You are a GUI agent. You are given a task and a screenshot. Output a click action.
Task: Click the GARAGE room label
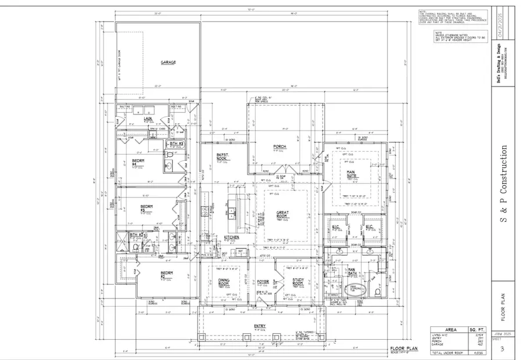click(169, 62)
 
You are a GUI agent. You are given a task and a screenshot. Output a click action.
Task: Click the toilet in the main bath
click(378, 291)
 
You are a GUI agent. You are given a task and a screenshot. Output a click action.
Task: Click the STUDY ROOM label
click(298, 282)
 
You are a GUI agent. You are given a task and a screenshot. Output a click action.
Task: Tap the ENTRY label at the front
click(259, 326)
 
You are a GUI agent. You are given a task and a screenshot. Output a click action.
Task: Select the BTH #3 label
click(175, 143)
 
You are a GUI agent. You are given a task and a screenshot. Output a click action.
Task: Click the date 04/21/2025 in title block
click(497, 27)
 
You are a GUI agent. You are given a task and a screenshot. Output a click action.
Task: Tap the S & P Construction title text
click(504, 185)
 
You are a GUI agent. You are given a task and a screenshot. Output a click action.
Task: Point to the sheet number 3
click(501, 348)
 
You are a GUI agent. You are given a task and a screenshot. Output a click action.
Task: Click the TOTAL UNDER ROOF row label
click(448, 353)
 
